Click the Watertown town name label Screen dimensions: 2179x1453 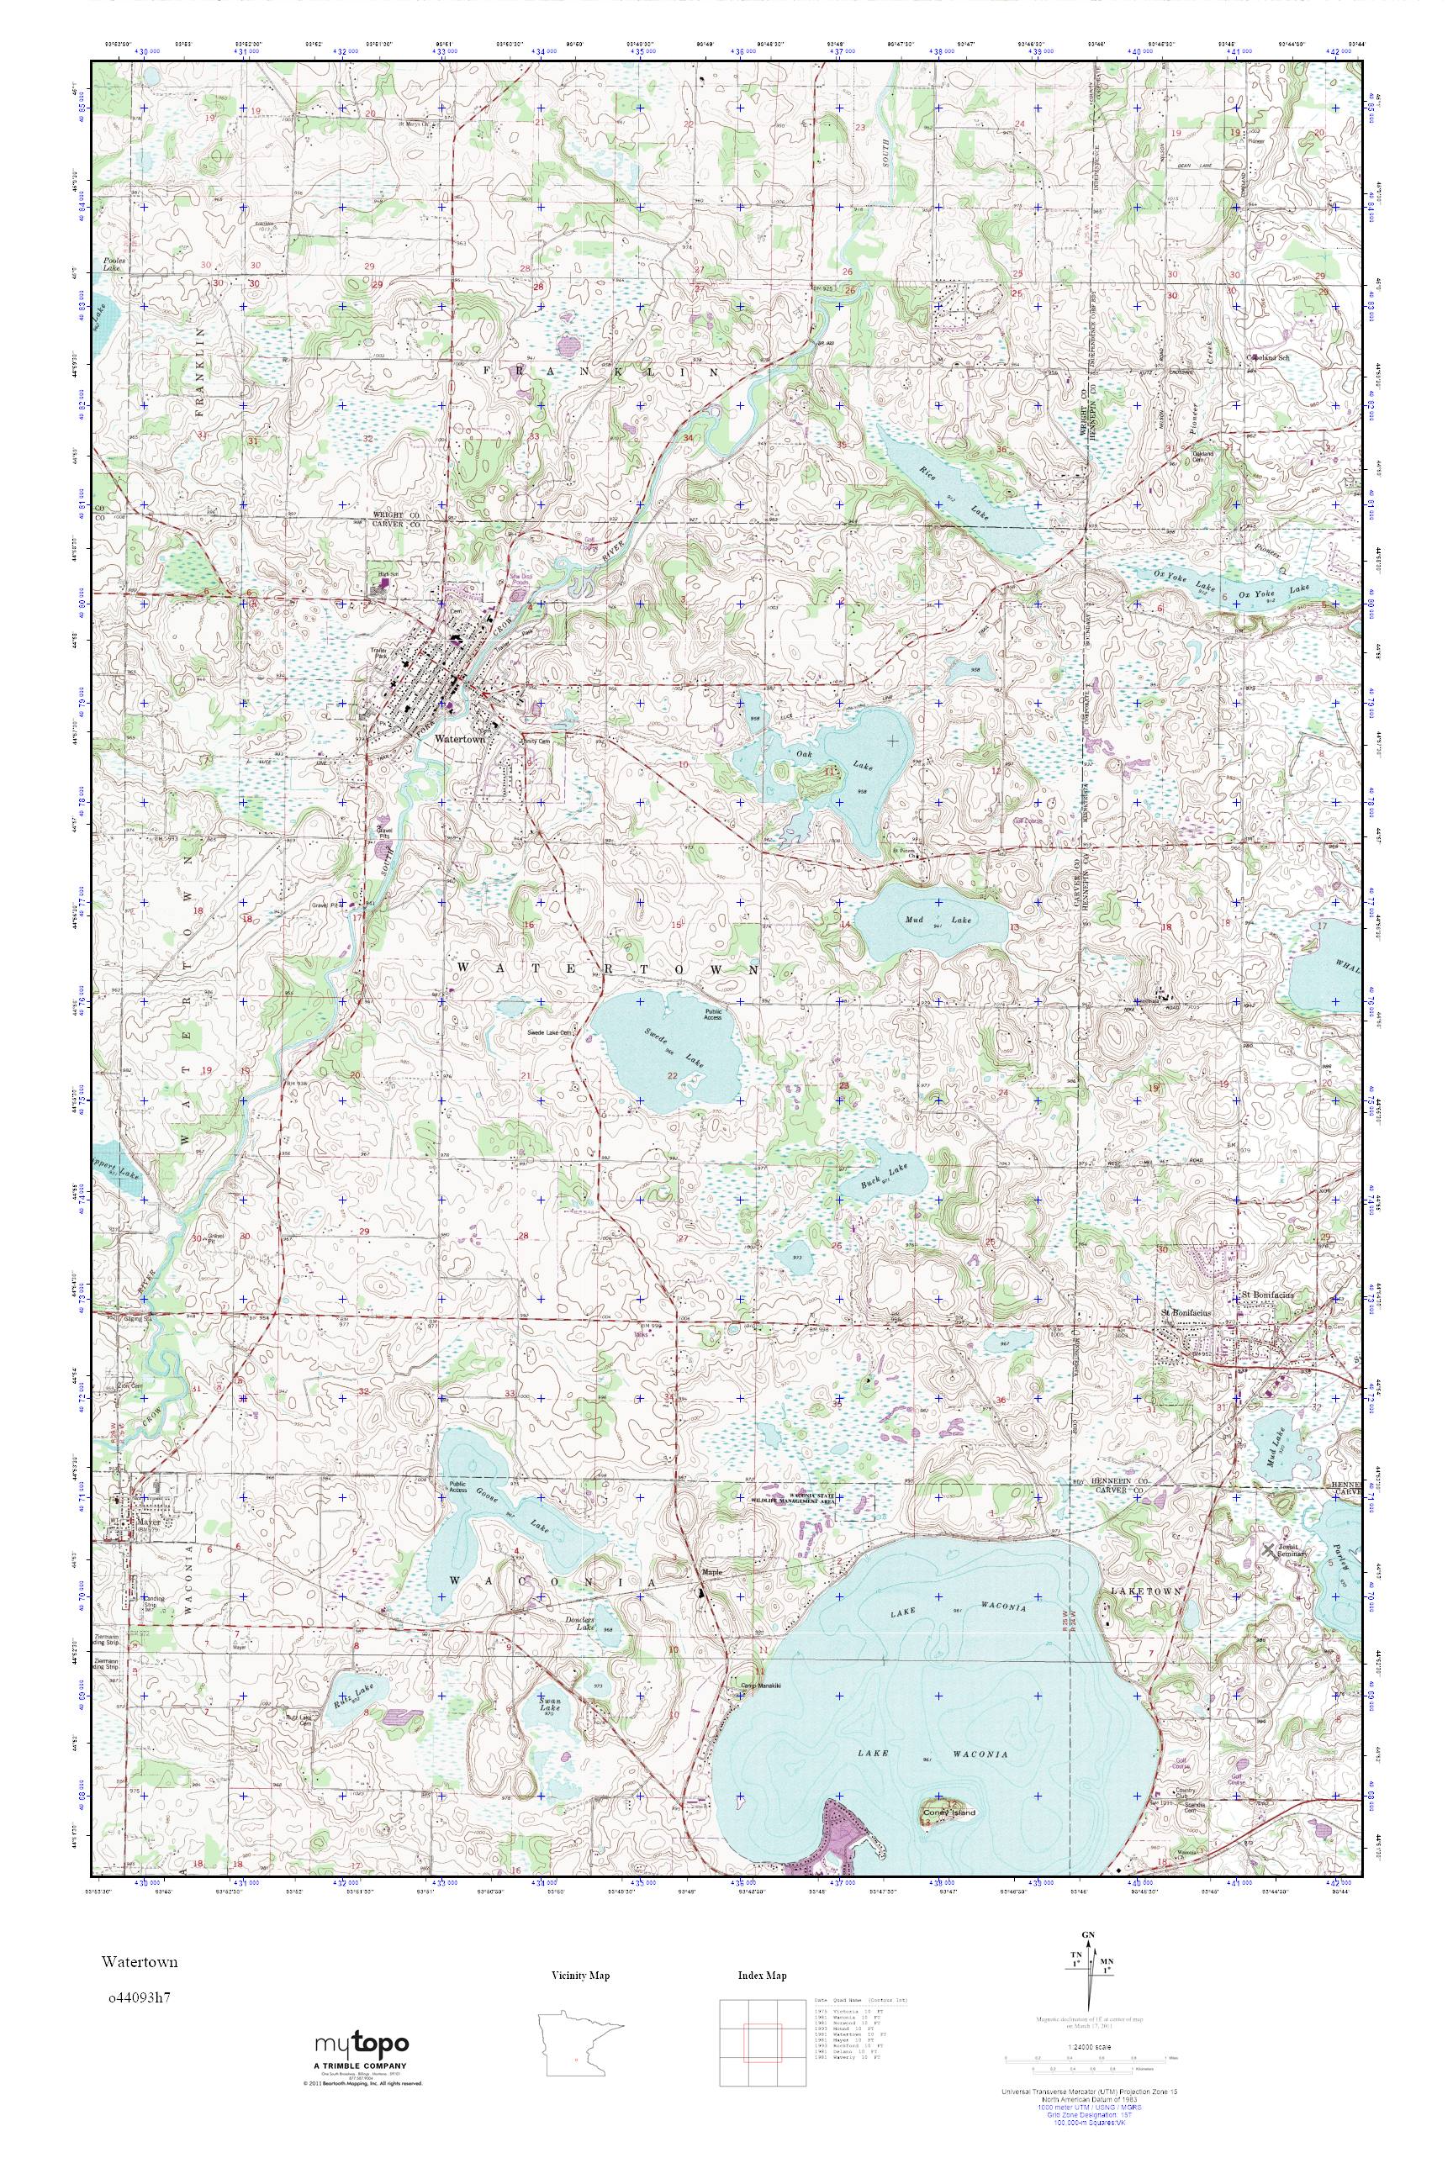tap(454, 727)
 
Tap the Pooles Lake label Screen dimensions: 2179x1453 tap(116, 264)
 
